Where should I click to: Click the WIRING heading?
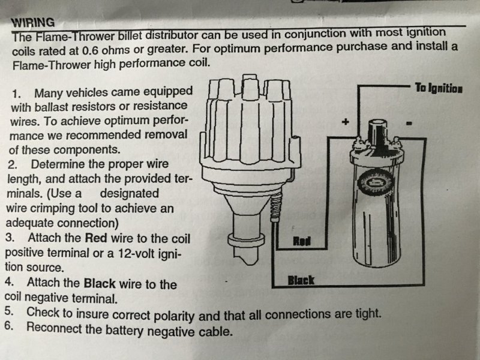point(33,23)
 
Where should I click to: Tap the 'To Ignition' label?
point(439,88)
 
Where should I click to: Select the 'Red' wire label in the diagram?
point(302,241)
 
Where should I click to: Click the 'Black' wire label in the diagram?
point(301,280)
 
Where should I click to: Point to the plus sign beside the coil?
point(346,122)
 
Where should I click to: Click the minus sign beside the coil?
point(409,124)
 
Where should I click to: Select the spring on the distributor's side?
point(276,208)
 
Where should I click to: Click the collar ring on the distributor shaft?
point(246,239)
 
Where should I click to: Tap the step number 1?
point(16,94)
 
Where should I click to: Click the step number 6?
point(9,326)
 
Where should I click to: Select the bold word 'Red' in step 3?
point(96,238)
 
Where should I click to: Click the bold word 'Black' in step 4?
point(100,283)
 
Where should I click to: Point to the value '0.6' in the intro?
point(90,50)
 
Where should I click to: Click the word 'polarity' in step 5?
point(173,316)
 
